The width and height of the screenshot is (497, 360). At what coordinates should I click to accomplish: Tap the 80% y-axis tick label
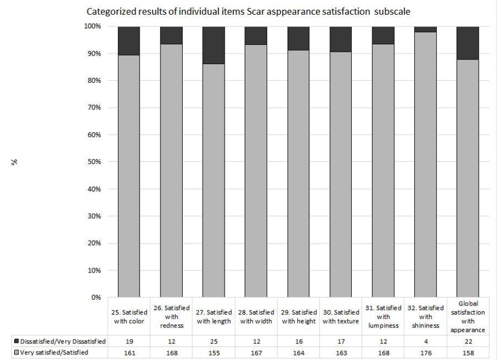(93, 81)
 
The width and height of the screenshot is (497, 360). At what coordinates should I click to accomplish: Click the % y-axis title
(18, 162)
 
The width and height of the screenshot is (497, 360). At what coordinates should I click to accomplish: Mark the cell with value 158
(467, 351)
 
